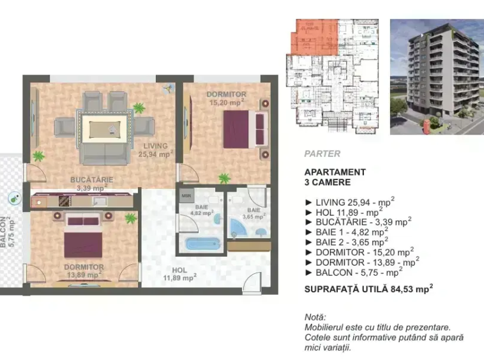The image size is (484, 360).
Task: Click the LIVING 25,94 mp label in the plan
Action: coord(156,150)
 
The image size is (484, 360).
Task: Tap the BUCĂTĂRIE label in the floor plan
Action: coord(92,179)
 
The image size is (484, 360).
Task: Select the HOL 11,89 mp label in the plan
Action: coord(179,274)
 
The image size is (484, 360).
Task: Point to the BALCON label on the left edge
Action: coord(3,232)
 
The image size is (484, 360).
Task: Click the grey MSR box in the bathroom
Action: coord(186,196)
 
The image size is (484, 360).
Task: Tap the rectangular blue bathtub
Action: coord(203,244)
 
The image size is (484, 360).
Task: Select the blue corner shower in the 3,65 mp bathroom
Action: coord(239,228)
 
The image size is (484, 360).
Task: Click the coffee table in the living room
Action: coord(105,129)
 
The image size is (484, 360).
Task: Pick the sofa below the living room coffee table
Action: coord(105,154)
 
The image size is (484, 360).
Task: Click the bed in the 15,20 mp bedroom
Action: coord(245,129)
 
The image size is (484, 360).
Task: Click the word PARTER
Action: coord(322,154)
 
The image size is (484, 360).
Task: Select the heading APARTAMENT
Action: coord(335,172)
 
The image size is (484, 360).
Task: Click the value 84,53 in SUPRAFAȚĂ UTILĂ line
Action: coord(402,289)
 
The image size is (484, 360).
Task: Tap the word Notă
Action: coord(315,317)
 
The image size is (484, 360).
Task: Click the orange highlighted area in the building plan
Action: coord(315,37)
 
